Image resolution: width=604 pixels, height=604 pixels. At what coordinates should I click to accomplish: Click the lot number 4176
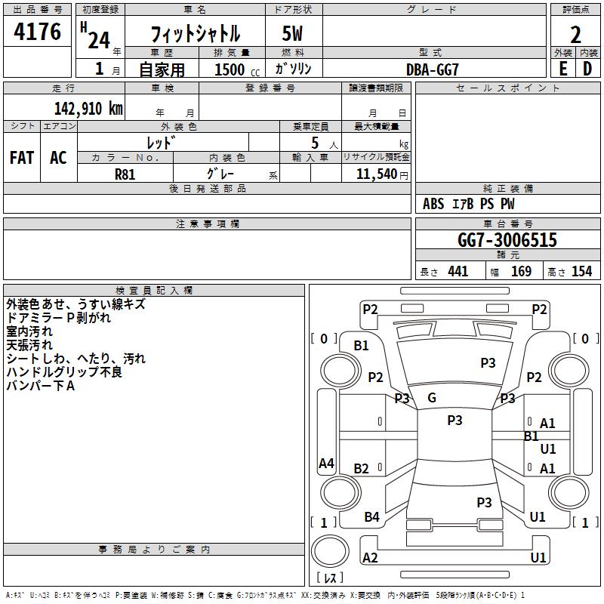pyautogui.click(x=37, y=32)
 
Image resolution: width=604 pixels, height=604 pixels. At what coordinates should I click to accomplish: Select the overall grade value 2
pyautogui.click(x=575, y=35)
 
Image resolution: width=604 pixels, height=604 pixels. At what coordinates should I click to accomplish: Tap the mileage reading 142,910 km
pyautogui.click(x=88, y=108)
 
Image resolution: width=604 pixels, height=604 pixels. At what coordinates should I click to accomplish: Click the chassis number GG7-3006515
pyautogui.click(x=507, y=240)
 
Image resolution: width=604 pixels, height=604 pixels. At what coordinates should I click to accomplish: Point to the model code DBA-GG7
pyautogui.click(x=432, y=69)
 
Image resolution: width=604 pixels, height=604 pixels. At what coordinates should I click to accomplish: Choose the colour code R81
pyautogui.click(x=125, y=174)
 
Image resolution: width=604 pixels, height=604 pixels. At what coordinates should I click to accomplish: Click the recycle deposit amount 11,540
pyautogui.click(x=376, y=174)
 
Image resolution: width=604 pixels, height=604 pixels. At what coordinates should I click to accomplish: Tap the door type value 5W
pyautogui.click(x=292, y=33)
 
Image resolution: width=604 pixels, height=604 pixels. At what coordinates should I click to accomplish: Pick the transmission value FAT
pyautogui.click(x=22, y=158)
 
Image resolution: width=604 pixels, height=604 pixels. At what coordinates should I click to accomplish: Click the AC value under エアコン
pyautogui.click(x=59, y=158)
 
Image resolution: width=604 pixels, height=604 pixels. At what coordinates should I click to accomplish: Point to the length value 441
pyautogui.click(x=458, y=271)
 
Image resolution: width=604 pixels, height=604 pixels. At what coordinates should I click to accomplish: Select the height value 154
pyautogui.click(x=581, y=271)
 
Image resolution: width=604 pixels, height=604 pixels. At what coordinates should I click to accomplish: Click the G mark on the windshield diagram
pyautogui.click(x=432, y=398)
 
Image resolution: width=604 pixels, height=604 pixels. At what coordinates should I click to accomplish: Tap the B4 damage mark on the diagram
pyautogui.click(x=371, y=517)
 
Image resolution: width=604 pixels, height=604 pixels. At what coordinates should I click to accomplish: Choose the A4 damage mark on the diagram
pyautogui.click(x=326, y=463)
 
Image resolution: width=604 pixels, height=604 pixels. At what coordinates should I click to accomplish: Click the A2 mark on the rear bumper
pyautogui.click(x=370, y=557)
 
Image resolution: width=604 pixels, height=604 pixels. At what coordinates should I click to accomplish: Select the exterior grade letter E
pyautogui.click(x=562, y=69)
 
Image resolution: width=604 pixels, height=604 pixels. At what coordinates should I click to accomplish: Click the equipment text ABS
pyautogui.click(x=433, y=204)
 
